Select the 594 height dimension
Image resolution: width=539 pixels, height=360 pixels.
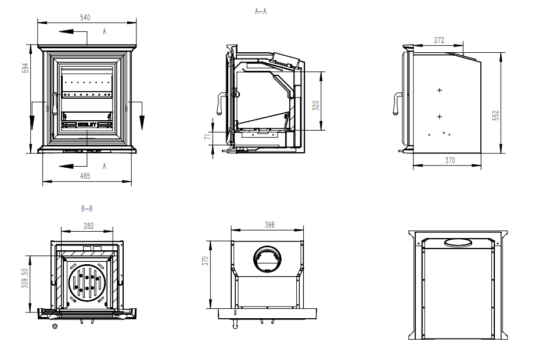[25, 68]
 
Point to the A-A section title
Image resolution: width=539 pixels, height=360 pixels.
[261, 11]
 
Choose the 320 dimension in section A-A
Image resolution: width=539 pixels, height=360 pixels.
[316, 105]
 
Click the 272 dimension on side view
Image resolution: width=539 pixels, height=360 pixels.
[439, 40]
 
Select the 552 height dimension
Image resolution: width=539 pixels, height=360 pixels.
[495, 116]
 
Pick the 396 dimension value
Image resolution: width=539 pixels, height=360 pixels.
[268, 225]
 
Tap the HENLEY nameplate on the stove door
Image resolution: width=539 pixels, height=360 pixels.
[87, 124]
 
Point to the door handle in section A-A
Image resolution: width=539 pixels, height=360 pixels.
[221, 103]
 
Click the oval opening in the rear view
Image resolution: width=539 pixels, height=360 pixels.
[458, 242]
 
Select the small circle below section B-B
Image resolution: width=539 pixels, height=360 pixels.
[55, 327]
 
